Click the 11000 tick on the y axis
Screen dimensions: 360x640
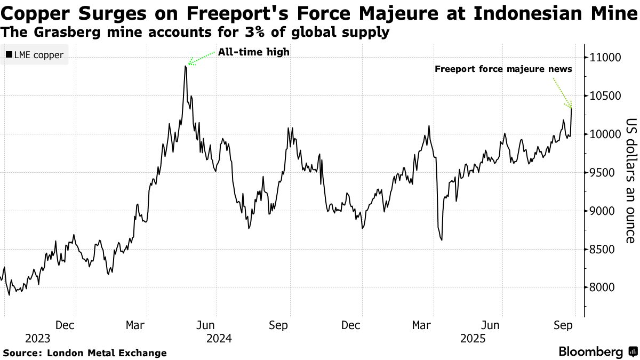604,58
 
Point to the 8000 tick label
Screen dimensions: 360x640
602,287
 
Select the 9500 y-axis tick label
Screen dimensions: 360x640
602,173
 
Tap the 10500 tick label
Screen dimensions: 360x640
604,96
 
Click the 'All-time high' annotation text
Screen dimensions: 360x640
253,52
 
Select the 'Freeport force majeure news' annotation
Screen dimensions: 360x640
503,69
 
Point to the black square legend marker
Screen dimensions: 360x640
9,55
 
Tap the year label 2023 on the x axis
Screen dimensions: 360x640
37,339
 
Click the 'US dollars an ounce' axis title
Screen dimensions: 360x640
630,180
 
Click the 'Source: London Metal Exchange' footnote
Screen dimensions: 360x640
85,353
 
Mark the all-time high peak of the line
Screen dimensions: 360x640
185,66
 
